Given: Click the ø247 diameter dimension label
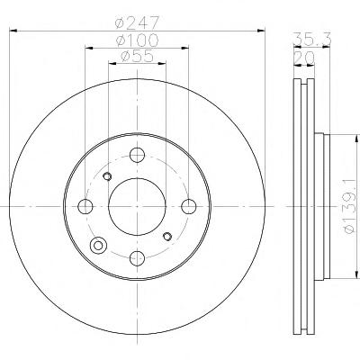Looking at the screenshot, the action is point(137,22).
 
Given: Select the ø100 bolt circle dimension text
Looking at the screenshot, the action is point(137,40).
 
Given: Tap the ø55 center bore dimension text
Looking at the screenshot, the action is point(137,57).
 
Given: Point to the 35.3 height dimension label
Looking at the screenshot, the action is point(311,39).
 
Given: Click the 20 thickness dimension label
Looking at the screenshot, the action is point(304,58).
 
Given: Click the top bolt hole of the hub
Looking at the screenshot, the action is point(137,155).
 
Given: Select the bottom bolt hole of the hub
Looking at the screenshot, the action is point(137,257).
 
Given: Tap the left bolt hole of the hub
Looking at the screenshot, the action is point(85,206).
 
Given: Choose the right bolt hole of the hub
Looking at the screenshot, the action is point(189,206).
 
